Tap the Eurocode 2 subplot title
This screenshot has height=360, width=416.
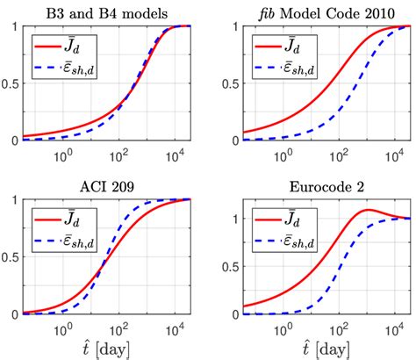pyautogui.click(x=318, y=185)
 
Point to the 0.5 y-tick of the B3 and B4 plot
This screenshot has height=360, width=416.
pyautogui.click(x=11, y=83)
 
